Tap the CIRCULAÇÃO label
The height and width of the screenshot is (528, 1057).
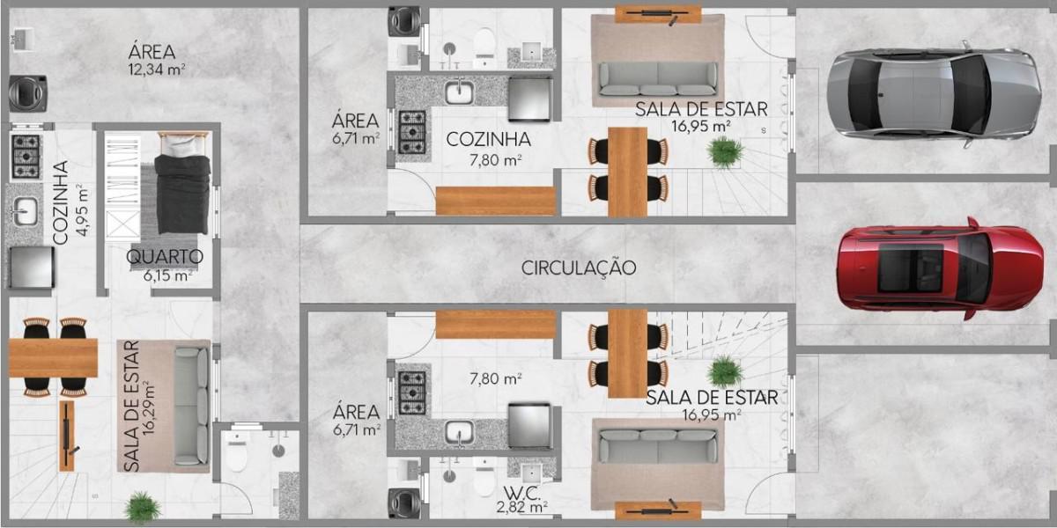coord(578,268)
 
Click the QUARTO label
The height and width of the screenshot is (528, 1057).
coord(165,258)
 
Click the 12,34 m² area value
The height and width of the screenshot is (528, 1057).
coord(157,68)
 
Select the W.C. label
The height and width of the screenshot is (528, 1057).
coord(521,491)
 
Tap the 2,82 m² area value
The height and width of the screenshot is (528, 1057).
coord(521,507)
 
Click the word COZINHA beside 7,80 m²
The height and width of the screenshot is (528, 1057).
coord(488,139)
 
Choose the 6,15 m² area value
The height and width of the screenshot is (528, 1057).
coord(167,275)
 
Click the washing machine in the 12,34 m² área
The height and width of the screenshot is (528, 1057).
coord(22,91)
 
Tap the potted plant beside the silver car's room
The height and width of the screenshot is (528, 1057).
coord(725,152)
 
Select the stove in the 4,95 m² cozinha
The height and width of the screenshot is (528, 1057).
coord(25,155)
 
